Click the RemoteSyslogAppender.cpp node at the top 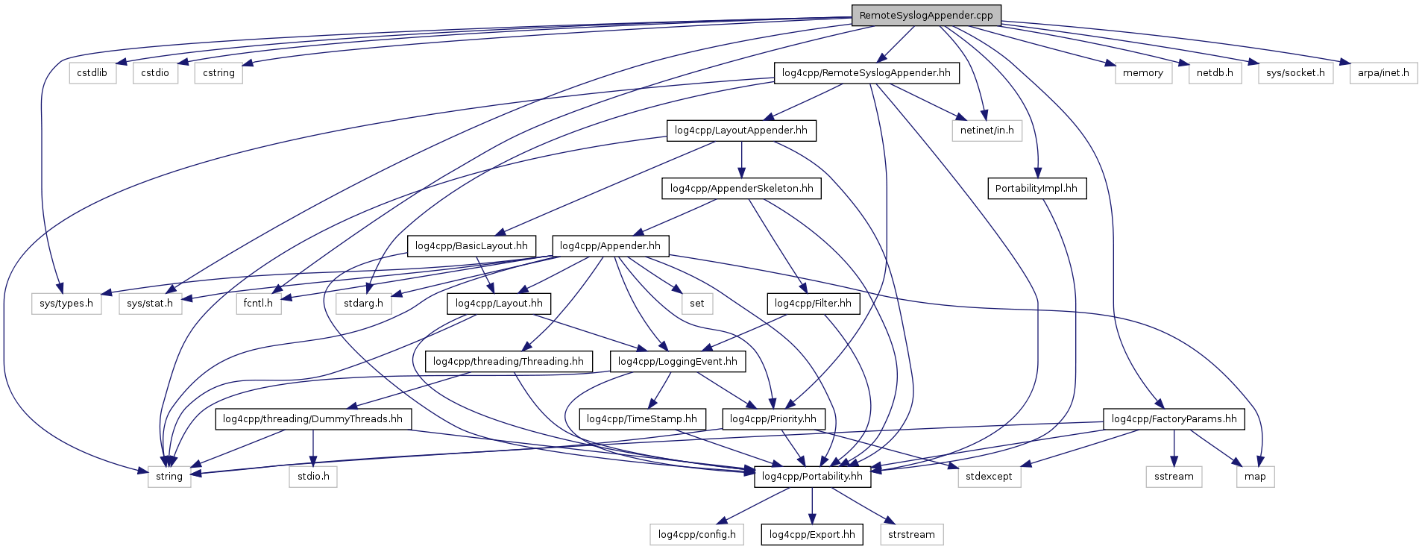click(926, 15)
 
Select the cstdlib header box click(92, 73)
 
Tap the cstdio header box click(155, 73)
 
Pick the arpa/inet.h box click(1383, 73)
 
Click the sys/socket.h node click(1295, 73)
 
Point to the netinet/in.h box click(987, 131)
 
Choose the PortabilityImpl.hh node click(1036, 189)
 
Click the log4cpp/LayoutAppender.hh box click(740, 131)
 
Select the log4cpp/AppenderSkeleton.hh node click(741, 189)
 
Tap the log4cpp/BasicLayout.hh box click(471, 246)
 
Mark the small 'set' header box click(696, 304)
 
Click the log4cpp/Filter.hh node click(813, 304)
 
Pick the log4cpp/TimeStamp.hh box click(641, 419)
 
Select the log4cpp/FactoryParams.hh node click(1174, 419)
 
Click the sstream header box click(1174, 477)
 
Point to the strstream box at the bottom click(911, 535)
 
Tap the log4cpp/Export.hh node click(812, 535)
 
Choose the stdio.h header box click(313, 477)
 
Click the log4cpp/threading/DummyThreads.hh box click(312, 419)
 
